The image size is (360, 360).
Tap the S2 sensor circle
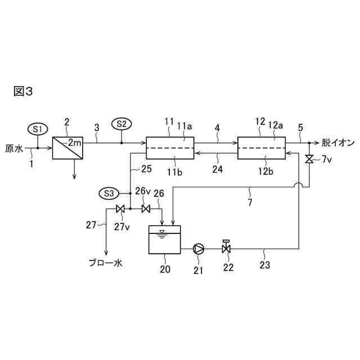pos(121,123)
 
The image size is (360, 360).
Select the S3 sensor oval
pos(109,193)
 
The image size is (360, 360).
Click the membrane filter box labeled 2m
pos(67,148)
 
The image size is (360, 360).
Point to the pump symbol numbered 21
pos(200,247)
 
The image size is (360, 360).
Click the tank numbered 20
pos(164,240)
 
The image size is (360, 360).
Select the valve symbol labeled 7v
pos(309,160)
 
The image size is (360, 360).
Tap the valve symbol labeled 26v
pos(146,209)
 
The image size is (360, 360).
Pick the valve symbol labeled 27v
pos(120,209)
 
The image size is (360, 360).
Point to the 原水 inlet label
pos(14,149)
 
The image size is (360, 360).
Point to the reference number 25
pos(145,169)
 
